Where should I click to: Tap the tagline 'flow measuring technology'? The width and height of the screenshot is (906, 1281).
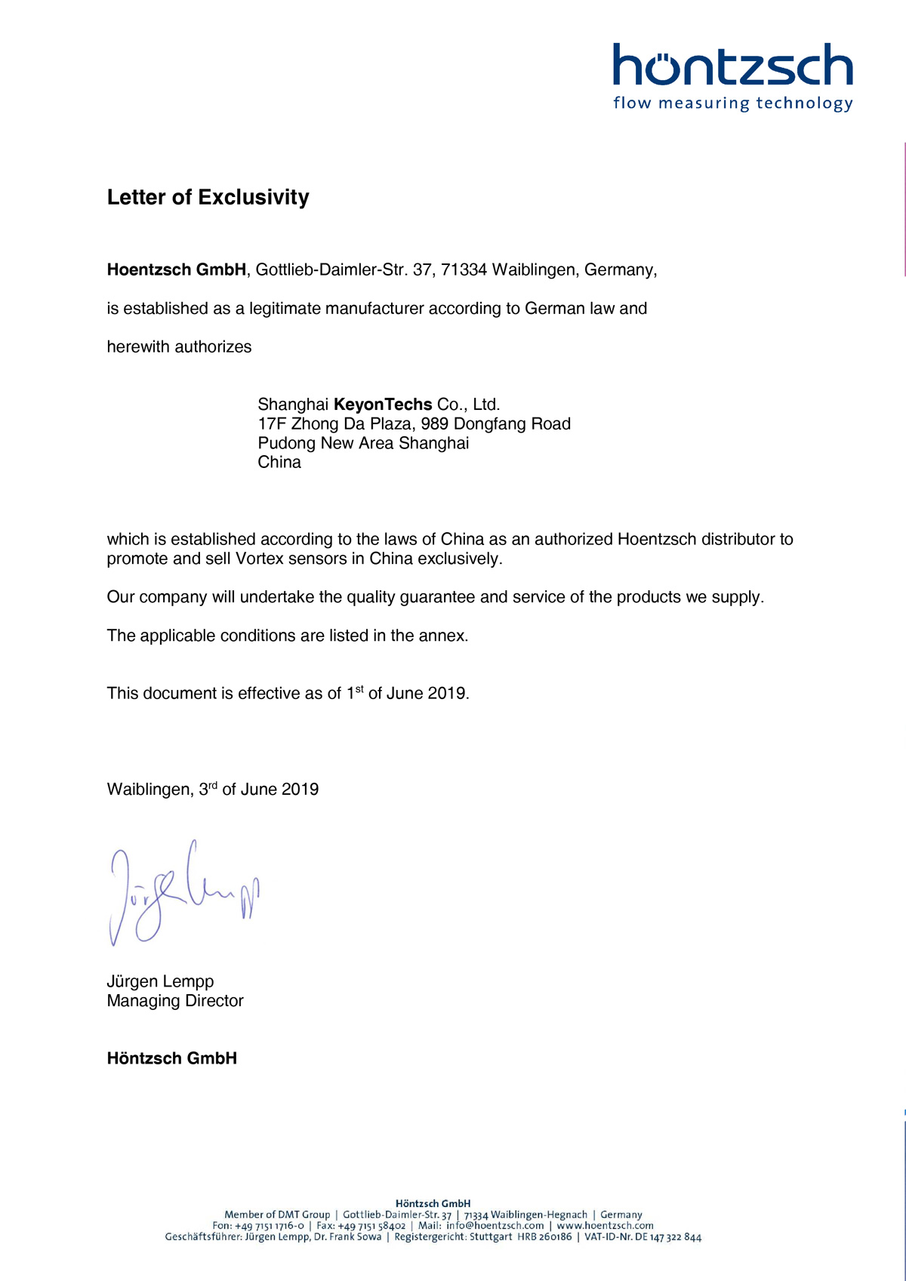click(732, 103)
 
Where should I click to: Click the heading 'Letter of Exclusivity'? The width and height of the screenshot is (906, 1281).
click(208, 198)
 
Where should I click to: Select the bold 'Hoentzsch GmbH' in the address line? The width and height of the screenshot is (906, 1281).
click(177, 270)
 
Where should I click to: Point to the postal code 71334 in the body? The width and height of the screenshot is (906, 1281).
click(464, 270)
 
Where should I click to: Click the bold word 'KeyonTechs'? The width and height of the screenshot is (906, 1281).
click(383, 405)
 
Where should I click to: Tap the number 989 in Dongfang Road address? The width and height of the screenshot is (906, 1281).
click(435, 424)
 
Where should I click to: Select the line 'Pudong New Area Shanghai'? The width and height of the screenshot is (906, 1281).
click(363, 443)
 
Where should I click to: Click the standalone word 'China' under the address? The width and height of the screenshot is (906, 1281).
click(279, 463)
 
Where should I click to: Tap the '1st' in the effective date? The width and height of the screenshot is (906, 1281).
click(355, 693)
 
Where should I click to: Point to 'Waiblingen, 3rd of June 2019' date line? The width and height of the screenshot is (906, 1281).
click(213, 790)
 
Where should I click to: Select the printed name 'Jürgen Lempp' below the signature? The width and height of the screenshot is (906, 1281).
click(160, 982)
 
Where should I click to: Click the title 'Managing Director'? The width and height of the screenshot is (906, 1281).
click(175, 1001)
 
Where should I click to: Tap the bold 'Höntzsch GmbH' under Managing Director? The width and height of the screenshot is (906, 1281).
click(172, 1058)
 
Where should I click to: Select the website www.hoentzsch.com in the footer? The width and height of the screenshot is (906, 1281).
click(605, 1226)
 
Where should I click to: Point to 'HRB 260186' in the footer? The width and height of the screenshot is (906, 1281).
click(544, 1237)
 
